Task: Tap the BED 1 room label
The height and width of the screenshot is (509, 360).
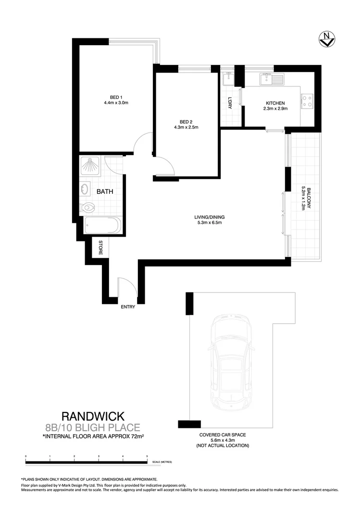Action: click(x=116, y=97)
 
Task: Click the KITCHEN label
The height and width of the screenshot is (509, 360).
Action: click(x=275, y=103)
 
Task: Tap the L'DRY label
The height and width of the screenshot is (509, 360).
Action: click(x=230, y=103)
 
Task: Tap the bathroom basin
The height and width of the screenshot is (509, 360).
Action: click(x=86, y=189)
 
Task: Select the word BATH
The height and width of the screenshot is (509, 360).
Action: click(x=105, y=192)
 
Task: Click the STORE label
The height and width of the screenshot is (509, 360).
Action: click(x=101, y=248)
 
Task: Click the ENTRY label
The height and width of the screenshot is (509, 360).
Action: click(x=128, y=307)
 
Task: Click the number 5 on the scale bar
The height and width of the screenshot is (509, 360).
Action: click(x=147, y=455)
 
